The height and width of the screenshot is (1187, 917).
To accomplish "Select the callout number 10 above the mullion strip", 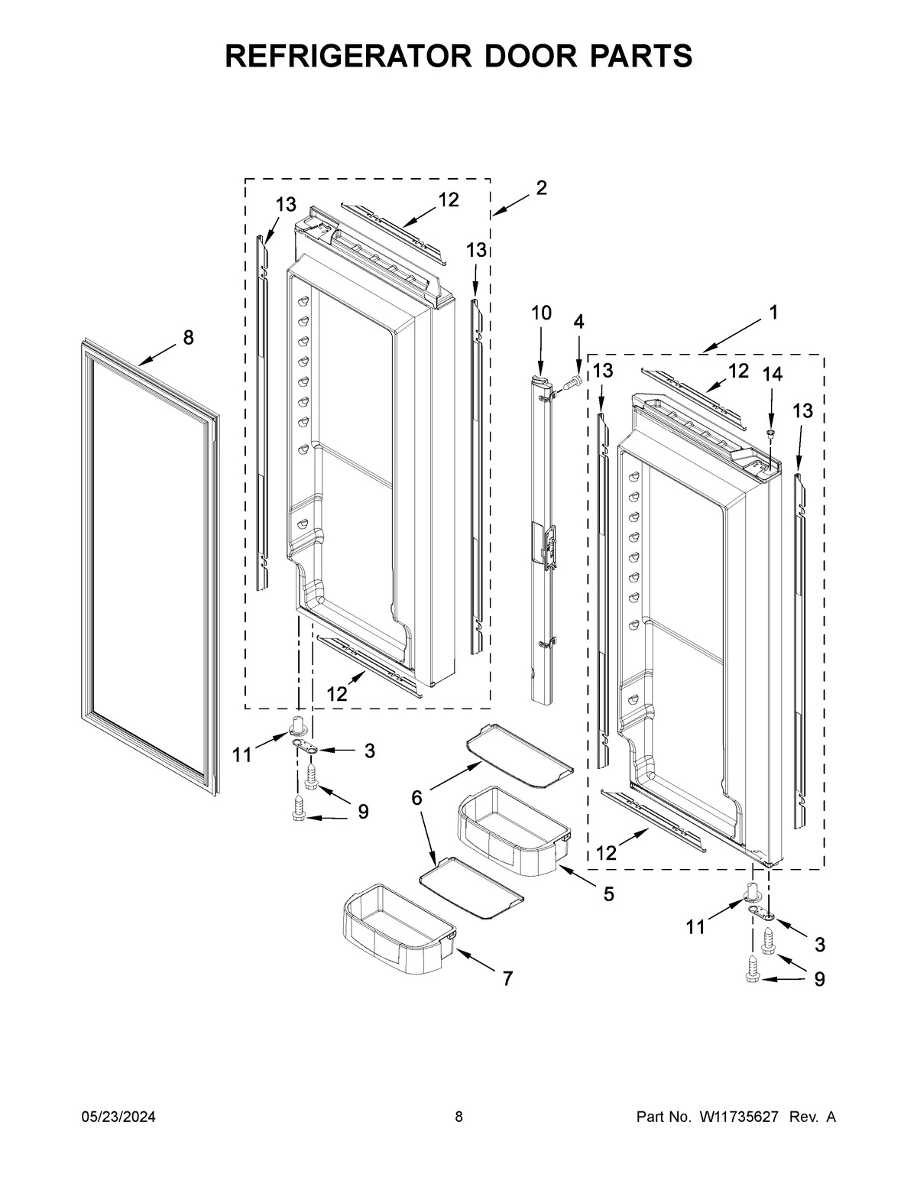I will [x=540, y=313].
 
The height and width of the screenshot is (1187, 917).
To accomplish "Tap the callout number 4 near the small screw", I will [x=578, y=322].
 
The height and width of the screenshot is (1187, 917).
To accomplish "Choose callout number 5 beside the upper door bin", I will [x=608, y=893].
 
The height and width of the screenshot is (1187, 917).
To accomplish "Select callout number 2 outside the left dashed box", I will [x=541, y=188].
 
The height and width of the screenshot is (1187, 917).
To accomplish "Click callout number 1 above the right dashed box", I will [x=773, y=312].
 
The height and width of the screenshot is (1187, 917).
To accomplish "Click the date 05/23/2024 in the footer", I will [x=118, y=1117].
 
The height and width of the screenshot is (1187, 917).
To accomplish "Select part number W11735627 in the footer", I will [x=737, y=1117].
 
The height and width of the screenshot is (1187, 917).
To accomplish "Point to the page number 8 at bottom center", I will [x=458, y=1117].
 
